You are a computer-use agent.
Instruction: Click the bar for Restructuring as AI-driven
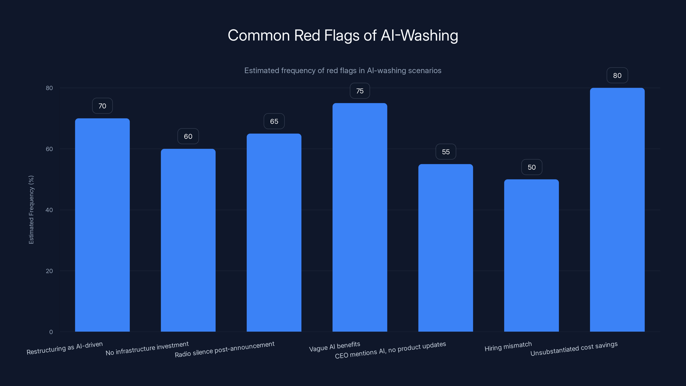[102, 225]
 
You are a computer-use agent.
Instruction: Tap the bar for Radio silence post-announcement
[274, 232]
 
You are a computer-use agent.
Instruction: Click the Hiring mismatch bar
[531, 255]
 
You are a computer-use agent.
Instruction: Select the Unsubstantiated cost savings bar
[617, 210]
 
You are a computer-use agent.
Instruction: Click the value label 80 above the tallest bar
[617, 76]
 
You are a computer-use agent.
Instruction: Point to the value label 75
[360, 91]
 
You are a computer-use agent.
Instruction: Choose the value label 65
[274, 121]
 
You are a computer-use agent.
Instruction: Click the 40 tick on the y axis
[49, 210]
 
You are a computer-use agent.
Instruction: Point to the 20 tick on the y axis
[49, 271]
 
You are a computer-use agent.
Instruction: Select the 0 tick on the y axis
[51, 332]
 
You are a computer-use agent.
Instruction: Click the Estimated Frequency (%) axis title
[31, 210]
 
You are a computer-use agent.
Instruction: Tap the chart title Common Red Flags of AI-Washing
[343, 35]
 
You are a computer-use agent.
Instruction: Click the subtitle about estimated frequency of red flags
[343, 71]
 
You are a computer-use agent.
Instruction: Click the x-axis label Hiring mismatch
[508, 347]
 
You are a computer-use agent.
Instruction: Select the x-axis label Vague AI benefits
[334, 347]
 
